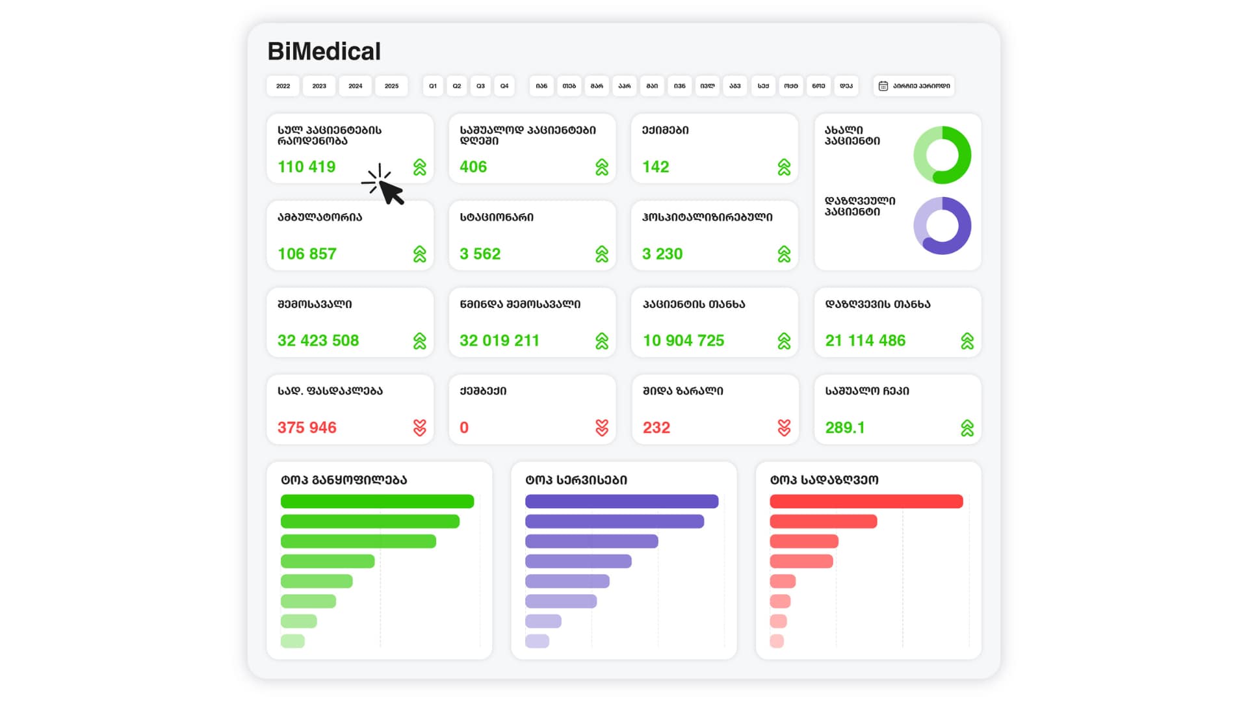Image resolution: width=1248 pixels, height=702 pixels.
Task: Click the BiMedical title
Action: coord(324,51)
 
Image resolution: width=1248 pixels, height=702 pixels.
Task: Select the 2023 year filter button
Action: coord(319,86)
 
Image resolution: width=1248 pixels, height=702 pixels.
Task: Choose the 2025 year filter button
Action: coord(391,86)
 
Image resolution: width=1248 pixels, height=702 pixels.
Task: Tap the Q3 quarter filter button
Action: coord(480,86)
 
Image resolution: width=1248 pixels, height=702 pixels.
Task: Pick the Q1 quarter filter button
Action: coord(433,86)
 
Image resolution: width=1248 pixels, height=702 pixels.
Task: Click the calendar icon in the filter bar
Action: coord(883,86)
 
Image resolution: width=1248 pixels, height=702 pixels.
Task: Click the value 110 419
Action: coord(306,167)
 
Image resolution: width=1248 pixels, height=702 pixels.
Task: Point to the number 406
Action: coord(473,167)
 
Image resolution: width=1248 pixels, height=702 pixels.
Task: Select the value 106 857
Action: coord(307,254)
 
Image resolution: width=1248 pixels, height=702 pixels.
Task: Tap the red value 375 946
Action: coord(307,428)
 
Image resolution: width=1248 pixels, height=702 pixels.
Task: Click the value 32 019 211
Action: coord(499,341)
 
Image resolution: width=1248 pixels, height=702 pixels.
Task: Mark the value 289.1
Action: coord(845,428)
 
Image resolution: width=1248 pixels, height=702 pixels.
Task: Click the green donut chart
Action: coord(942,155)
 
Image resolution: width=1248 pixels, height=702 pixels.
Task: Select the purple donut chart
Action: coord(942,226)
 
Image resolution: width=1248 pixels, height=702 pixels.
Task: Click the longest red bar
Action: coord(866,501)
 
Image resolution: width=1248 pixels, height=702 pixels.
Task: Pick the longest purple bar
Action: coord(621,501)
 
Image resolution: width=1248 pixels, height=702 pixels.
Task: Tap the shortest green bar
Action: coord(292,641)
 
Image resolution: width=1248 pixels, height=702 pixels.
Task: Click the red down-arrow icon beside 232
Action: coord(784,428)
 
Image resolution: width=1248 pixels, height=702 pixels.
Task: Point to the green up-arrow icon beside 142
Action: coord(784,167)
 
